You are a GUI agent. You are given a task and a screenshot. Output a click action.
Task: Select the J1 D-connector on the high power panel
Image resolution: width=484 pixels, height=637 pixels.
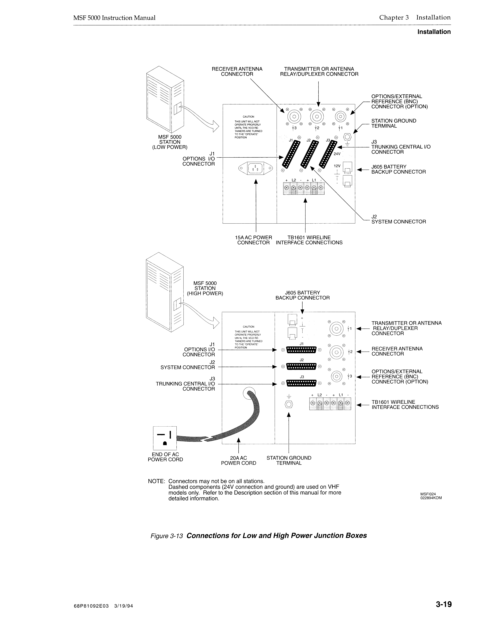[x=302, y=350]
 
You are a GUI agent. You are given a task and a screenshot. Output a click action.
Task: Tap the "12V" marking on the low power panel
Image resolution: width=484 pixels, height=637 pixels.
[x=337, y=166]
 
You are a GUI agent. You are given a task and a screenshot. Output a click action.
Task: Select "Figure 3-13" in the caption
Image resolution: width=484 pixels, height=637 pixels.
[x=167, y=536]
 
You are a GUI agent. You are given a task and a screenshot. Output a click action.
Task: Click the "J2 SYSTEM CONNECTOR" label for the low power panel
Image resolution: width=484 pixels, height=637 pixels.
[x=398, y=219]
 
